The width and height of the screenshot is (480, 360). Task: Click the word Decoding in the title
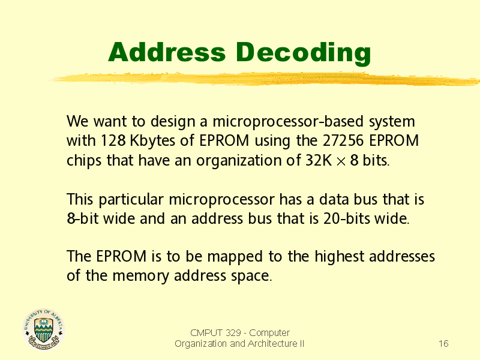pyautogui.click(x=303, y=53)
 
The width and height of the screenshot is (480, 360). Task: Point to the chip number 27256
pyautogui.click(x=343, y=141)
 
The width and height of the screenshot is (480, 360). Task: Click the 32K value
pyautogui.click(x=319, y=160)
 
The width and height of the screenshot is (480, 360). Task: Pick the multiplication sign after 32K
pyautogui.click(x=341, y=161)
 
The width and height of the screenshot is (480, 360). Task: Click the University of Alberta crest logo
pyautogui.click(x=44, y=329)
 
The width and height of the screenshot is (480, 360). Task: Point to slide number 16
pyautogui.click(x=443, y=344)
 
